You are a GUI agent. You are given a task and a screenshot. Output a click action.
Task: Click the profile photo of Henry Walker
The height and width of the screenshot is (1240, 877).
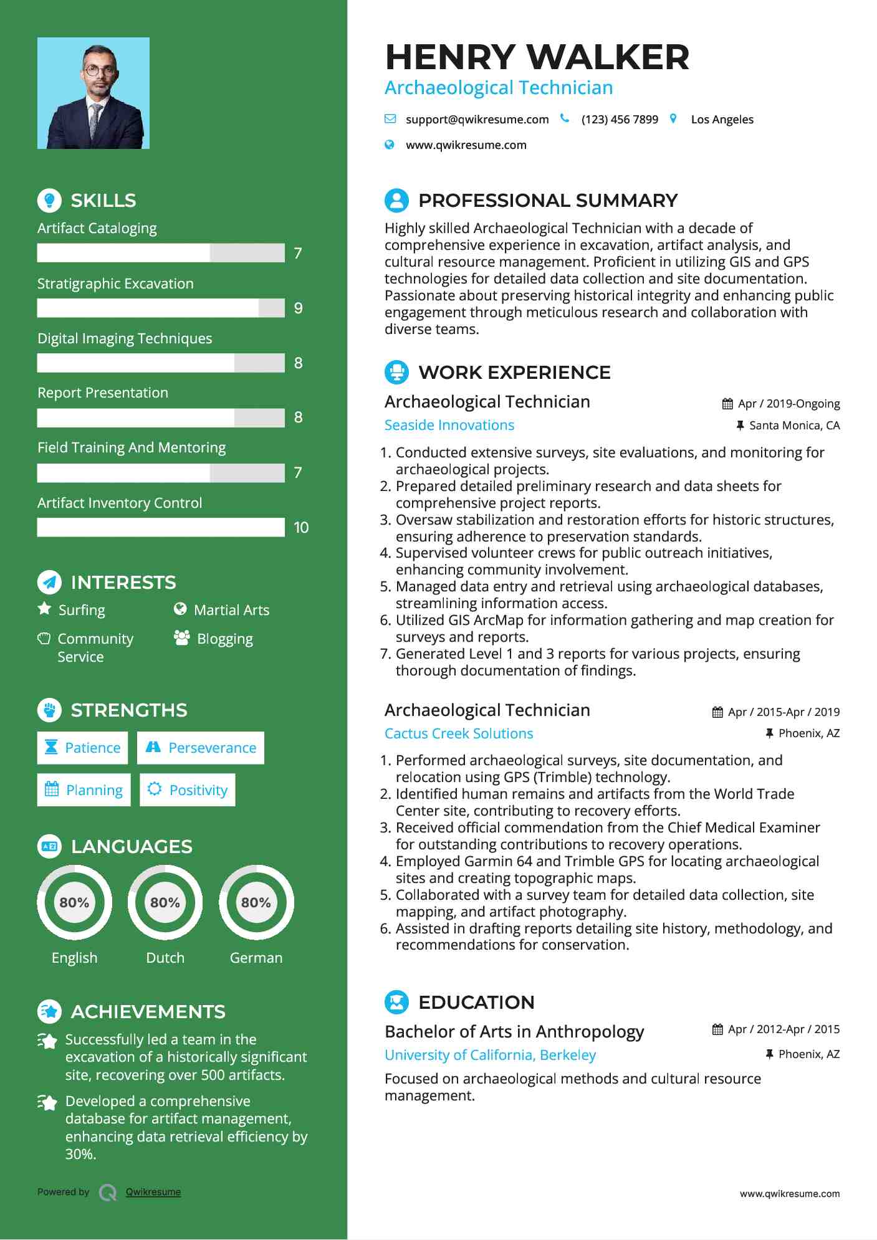[x=93, y=93]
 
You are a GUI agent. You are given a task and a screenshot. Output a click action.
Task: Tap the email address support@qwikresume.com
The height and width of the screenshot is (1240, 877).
[x=477, y=119]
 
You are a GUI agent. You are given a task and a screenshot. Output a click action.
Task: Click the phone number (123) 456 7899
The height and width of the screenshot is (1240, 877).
[x=619, y=119]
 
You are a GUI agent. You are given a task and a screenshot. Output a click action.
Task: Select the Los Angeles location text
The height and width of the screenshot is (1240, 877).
[x=722, y=119]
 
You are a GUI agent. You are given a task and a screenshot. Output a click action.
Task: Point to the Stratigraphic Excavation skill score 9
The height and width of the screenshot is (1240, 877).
[x=299, y=308]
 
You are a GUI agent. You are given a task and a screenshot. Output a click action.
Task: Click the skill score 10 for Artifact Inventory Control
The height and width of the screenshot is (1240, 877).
[x=301, y=528]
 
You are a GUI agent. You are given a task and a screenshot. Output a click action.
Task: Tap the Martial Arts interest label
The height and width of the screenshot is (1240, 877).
[x=231, y=610]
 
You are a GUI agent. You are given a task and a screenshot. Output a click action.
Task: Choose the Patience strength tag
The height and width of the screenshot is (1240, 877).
[x=82, y=748]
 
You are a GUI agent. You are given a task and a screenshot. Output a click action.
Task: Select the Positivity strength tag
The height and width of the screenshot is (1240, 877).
[x=188, y=790]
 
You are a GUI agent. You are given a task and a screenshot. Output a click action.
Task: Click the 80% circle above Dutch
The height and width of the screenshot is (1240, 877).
[x=165, y=902]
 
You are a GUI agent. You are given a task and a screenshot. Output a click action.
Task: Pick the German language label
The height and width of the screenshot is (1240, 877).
[x=256, y=958]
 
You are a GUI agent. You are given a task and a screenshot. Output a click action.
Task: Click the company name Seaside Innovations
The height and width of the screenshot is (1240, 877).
[x=449, y=425]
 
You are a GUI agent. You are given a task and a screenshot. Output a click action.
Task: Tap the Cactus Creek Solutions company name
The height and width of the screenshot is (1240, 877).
[x=459, y=733]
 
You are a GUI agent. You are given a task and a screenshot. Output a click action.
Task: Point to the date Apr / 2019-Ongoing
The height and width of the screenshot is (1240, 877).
[x=788, y=404]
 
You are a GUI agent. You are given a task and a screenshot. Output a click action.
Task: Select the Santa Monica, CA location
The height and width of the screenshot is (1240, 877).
[x=794, y=426]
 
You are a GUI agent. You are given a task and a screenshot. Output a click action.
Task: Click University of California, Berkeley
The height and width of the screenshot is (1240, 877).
[x=490, y=1055]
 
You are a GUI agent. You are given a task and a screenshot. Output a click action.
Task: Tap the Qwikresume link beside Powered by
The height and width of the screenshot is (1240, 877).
[x=153, y=1192]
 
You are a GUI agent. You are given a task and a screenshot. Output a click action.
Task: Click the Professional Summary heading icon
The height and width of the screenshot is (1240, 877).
[x=396, y=201]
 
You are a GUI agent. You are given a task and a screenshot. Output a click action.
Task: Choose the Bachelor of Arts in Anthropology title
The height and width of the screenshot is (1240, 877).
[x=514, y=1032]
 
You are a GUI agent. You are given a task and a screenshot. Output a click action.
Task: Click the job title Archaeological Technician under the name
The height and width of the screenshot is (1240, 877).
[x=499, y=88]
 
